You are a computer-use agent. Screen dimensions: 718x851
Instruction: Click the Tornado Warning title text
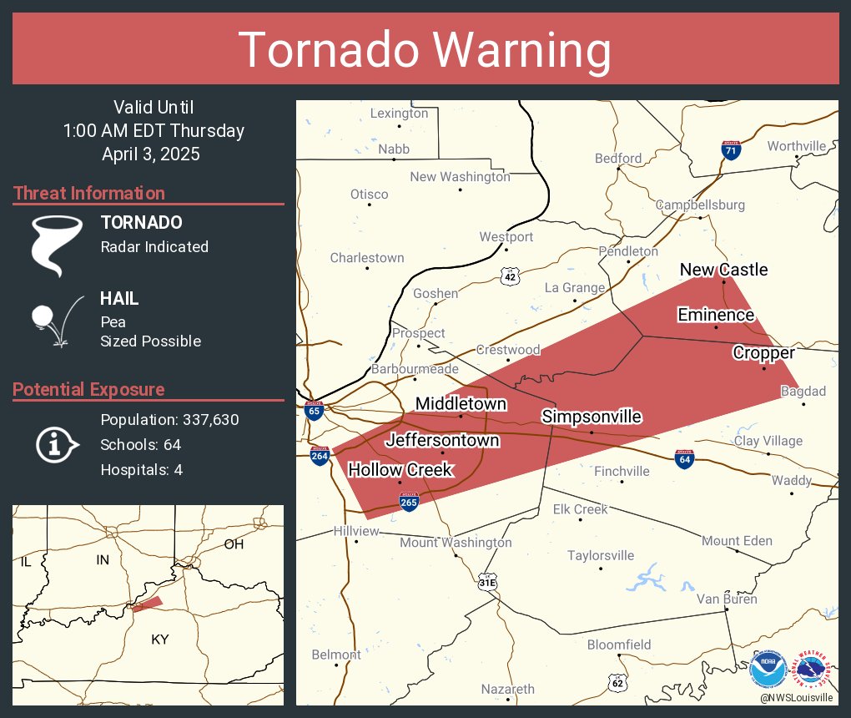[425, 50]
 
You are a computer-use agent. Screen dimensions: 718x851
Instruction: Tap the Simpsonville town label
[592, 417]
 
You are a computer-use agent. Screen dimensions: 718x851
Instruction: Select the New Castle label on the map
[723, 270]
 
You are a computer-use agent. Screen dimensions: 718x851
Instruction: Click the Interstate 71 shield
[731, 151]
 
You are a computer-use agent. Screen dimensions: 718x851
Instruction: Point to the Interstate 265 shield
[409, 503]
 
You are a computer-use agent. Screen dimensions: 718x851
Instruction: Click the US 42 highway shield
[511, 276]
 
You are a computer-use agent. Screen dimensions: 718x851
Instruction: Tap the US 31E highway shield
[487, 583]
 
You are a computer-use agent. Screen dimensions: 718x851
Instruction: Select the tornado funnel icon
[56, 244]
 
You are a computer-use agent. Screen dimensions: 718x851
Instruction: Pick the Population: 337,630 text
[169, 419]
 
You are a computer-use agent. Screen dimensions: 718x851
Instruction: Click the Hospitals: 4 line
[141, 469]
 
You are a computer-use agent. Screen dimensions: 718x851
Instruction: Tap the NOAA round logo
[768, 669]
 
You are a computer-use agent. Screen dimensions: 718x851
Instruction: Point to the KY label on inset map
[159, 640]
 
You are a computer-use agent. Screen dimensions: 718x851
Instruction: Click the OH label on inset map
[234, 544]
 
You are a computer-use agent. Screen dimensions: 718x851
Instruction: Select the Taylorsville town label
[601, 555]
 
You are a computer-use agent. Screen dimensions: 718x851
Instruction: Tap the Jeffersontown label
[442, 440]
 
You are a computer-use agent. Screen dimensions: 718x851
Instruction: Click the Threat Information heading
[89, 194]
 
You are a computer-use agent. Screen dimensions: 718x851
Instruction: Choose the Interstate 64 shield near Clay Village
[683, 458]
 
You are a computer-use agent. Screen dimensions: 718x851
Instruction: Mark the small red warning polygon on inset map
[148, 604]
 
